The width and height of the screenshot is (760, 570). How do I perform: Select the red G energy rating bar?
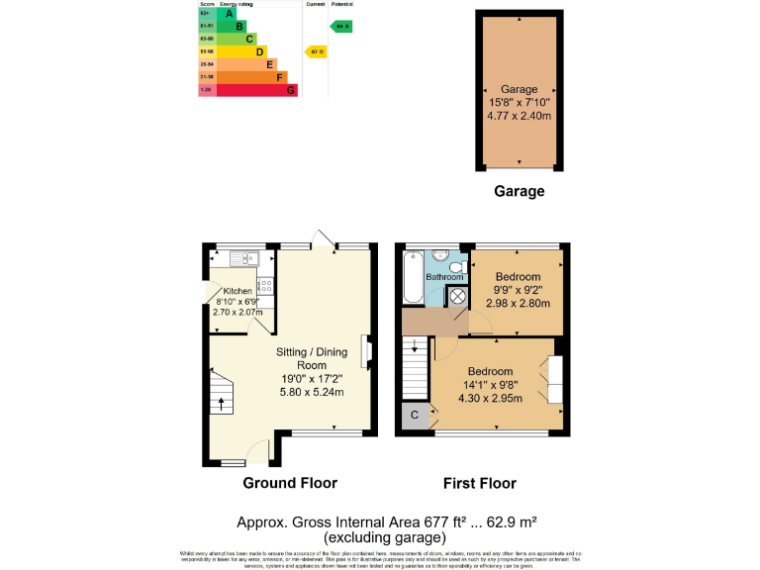(257, 90)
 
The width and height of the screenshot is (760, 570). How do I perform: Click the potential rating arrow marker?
(341, 26)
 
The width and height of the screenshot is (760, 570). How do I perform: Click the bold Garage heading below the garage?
(519, 191)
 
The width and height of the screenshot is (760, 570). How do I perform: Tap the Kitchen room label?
(237, 291)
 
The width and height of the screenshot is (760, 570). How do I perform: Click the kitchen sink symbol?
(243, 258)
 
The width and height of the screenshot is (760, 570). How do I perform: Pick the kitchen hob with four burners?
(265, 287)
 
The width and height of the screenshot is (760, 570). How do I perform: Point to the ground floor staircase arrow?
(221, 404)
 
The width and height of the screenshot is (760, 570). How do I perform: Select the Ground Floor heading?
(290, 483)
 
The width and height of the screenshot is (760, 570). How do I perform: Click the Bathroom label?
(444, 277)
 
